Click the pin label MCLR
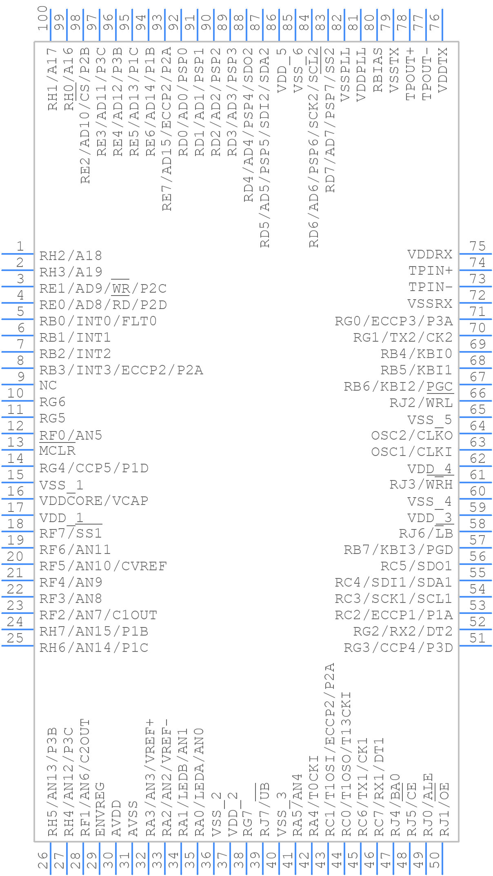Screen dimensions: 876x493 57,451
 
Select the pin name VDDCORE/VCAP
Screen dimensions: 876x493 93,500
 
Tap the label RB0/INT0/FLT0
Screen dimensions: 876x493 98,321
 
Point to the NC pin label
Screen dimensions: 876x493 48,386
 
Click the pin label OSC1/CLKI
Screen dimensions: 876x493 411,452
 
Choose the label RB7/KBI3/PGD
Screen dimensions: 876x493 398,550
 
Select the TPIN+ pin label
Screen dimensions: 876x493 431,271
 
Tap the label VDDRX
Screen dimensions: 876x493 430,255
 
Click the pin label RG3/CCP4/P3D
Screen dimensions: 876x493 398,648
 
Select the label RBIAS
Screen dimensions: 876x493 378,70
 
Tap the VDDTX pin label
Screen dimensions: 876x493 442,70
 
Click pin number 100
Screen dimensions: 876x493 43,18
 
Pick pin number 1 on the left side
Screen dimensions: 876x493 20,246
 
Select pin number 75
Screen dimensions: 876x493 477,246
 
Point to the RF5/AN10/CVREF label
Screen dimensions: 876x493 103,566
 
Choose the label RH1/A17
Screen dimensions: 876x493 53,79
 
